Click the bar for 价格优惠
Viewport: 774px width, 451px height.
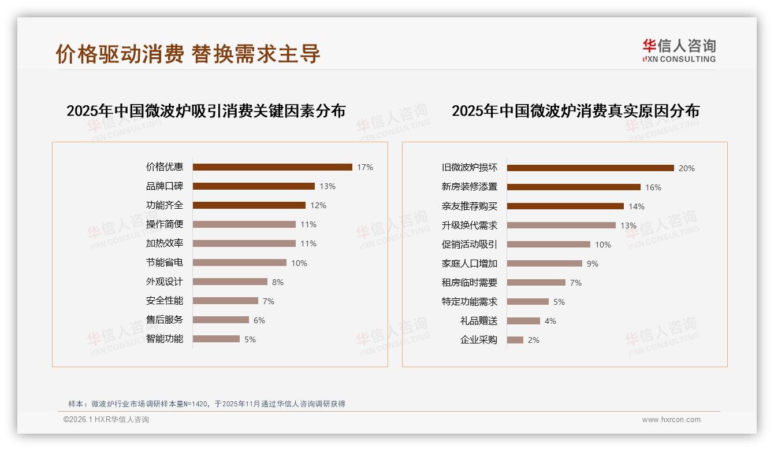(272, 167)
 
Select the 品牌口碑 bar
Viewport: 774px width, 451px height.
(254, 186)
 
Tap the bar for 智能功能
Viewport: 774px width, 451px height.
(216, 339)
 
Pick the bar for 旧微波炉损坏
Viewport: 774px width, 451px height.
(590, 168)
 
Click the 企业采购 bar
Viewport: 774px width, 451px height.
(515, 340)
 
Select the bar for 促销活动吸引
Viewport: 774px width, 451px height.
(549, 245)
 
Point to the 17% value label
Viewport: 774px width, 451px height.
(365, 167)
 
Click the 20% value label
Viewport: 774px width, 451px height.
(687, 168)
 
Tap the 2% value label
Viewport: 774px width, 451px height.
(534, 340)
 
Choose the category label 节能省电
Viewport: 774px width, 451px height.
(165, 263)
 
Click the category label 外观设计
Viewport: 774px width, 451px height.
(165, 282)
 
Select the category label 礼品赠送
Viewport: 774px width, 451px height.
(479, 321)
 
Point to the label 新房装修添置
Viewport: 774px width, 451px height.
(470, 187)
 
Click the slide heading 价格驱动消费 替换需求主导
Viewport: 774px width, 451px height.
(188, 54)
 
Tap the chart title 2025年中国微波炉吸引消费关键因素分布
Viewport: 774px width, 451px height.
(206, 110)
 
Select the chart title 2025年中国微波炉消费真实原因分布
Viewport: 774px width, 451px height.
(575, 110)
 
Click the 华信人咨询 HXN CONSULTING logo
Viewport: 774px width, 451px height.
(679, 50)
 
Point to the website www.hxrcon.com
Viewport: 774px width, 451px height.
(671, 420)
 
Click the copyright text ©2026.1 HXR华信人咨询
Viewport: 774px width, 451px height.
(106, 420)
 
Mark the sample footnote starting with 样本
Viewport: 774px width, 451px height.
(207, 404)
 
